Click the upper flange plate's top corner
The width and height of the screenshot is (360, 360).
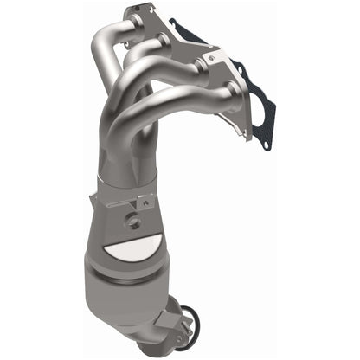[132, 10]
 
